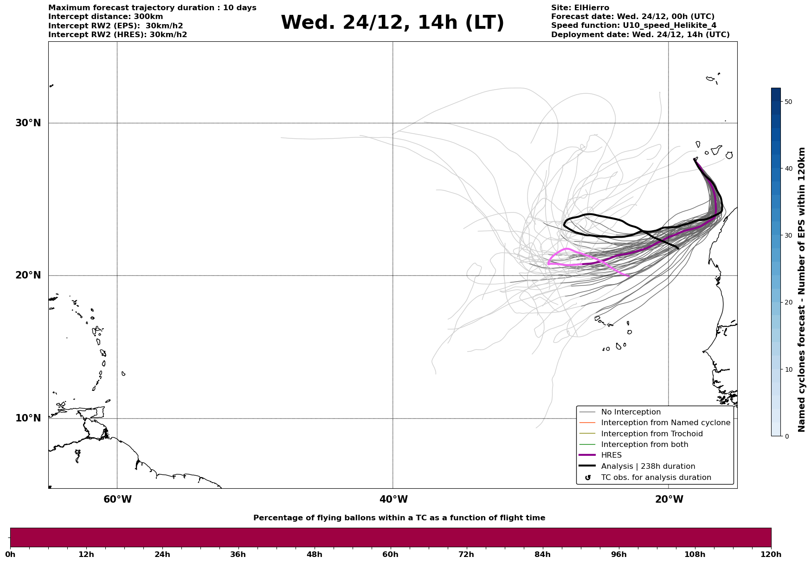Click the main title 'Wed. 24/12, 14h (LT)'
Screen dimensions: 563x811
392,23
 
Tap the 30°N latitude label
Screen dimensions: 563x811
28,123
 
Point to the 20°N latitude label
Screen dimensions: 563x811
28,275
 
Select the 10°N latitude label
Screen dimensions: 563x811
28,418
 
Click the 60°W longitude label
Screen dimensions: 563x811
117,499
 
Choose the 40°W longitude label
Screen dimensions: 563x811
393,499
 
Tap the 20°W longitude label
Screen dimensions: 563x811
669,499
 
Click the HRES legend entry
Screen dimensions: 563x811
611,455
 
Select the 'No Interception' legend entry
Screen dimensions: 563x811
631,412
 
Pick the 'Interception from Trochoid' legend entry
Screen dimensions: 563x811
651,434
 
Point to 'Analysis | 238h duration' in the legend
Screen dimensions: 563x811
648,466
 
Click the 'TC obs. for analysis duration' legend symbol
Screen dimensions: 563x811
588,478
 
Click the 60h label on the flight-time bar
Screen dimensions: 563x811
390,555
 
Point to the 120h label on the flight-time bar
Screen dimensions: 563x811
771,555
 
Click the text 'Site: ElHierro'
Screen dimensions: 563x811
580,8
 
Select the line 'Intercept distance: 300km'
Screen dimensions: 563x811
105,17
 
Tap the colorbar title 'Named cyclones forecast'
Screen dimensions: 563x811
802,290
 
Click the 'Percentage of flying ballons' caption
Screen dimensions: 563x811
399,518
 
